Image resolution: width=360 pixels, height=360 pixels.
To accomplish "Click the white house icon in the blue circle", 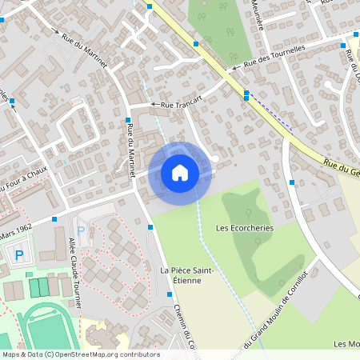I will click(x=180, y=173).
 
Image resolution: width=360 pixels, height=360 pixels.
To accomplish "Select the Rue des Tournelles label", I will click(x=274, y=55).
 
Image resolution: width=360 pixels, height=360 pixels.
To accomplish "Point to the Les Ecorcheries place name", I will click(x=245, y=227).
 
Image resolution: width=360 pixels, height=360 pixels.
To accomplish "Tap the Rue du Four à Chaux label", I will click(x=23, y=179).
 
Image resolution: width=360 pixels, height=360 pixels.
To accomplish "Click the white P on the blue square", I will click(x=20, y=255).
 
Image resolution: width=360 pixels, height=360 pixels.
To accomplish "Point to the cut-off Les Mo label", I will click(x=346, y=344).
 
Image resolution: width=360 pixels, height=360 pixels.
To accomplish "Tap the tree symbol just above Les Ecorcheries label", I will click(x=248, y=213).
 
